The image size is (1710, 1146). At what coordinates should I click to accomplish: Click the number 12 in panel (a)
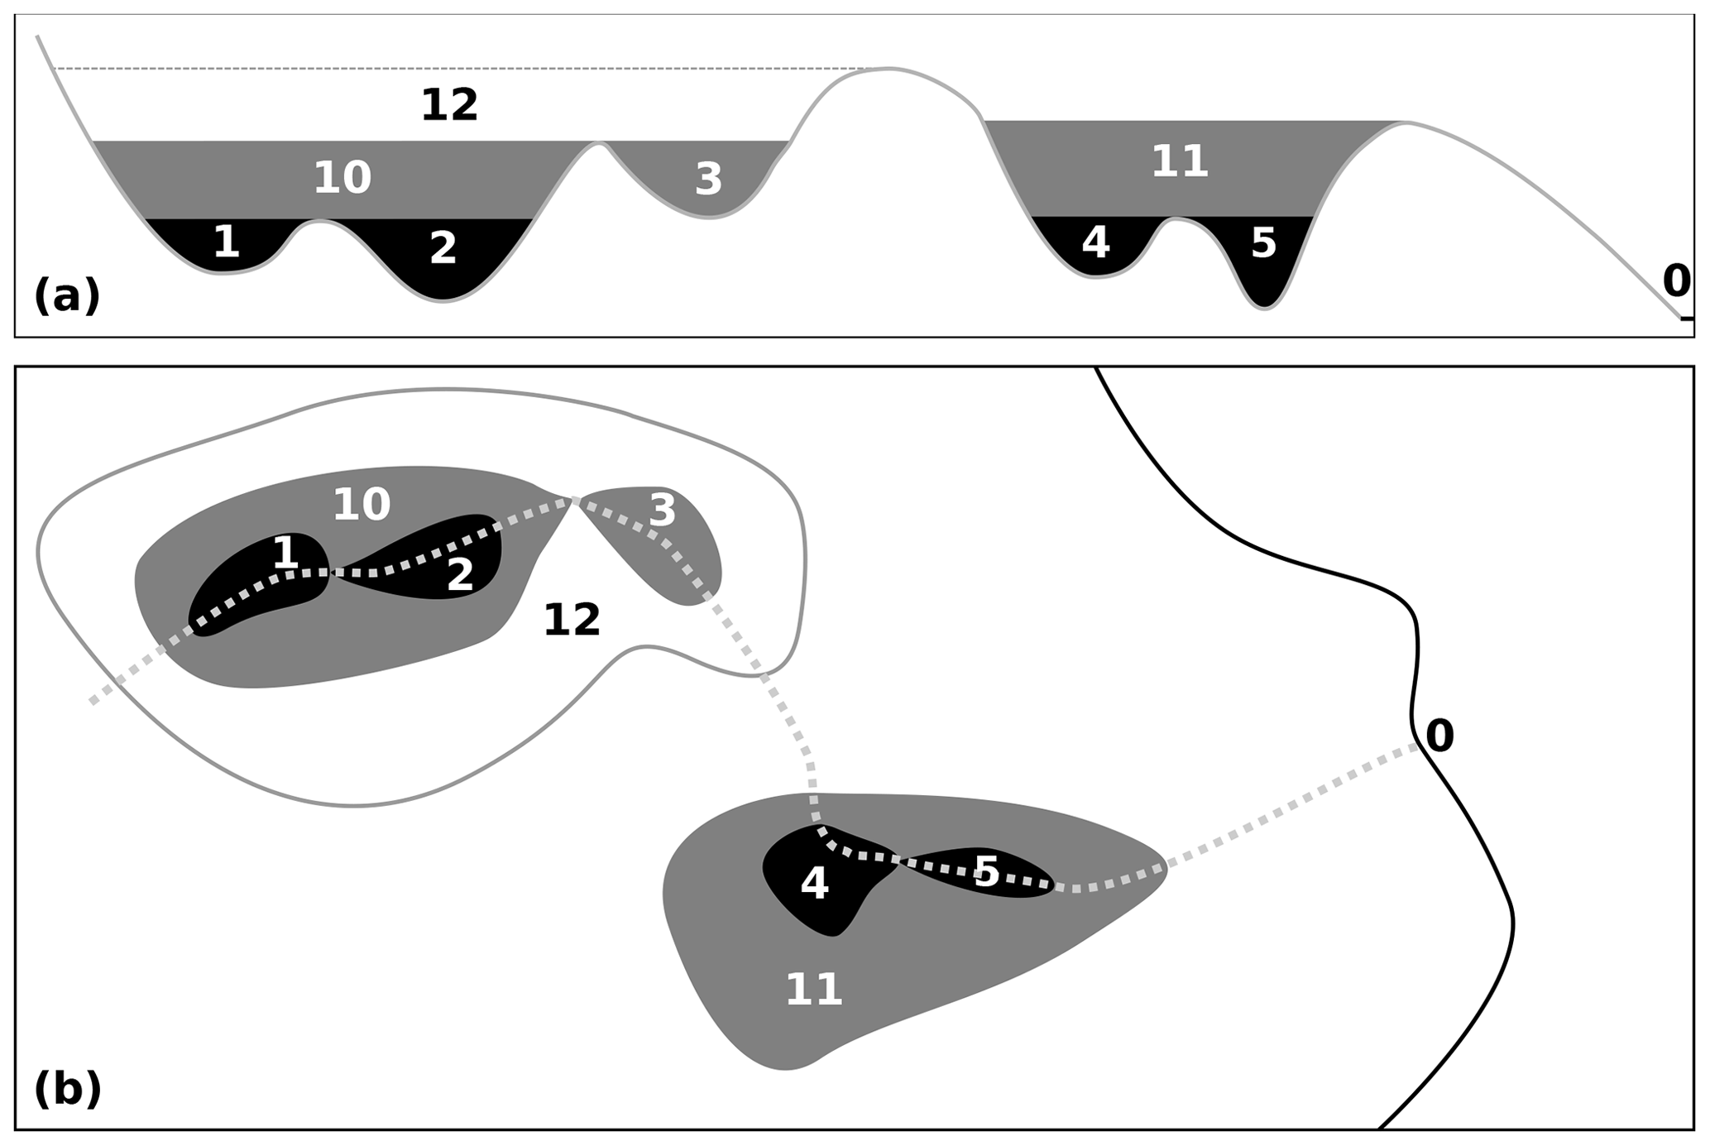[449, 106]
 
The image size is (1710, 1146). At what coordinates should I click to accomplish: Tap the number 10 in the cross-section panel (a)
[342, 178]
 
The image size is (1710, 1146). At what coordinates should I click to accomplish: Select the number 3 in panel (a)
[708, 180]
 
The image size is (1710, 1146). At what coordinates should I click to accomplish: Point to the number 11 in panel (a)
[1180, 161]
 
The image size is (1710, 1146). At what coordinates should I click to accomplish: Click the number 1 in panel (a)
[226, 242]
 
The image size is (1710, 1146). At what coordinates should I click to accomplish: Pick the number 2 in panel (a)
[443, 248]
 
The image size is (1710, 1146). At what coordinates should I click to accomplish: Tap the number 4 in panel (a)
[1095, 242]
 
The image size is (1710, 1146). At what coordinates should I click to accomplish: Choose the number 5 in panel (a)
[1263, 243]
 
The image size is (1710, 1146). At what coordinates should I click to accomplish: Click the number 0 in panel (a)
[1676, 281]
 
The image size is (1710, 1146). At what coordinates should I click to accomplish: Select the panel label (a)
[67, 296]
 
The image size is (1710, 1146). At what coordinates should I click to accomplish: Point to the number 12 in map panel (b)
[572, 620]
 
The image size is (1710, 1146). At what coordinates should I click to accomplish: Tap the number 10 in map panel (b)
[362, 505]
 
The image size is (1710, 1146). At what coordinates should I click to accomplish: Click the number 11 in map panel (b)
[814, 990]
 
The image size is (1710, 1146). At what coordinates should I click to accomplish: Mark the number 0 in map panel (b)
[1439, 736]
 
